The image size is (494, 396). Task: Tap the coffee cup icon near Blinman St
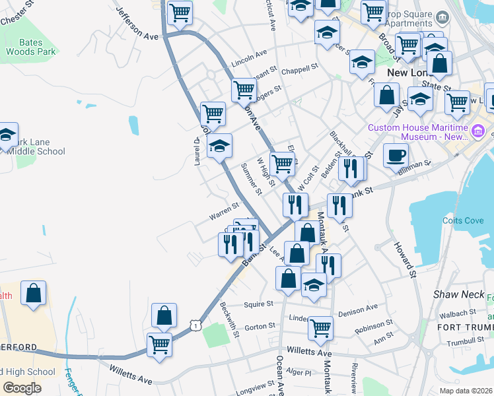396,156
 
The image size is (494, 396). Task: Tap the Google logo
22,388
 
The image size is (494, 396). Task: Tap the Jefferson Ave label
137,24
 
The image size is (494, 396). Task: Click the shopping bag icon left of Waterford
33,293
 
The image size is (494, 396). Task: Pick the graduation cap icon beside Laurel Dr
220,147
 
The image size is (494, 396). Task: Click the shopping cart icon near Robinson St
320,327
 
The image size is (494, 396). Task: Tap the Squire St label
258,304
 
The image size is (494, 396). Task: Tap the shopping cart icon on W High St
282,163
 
